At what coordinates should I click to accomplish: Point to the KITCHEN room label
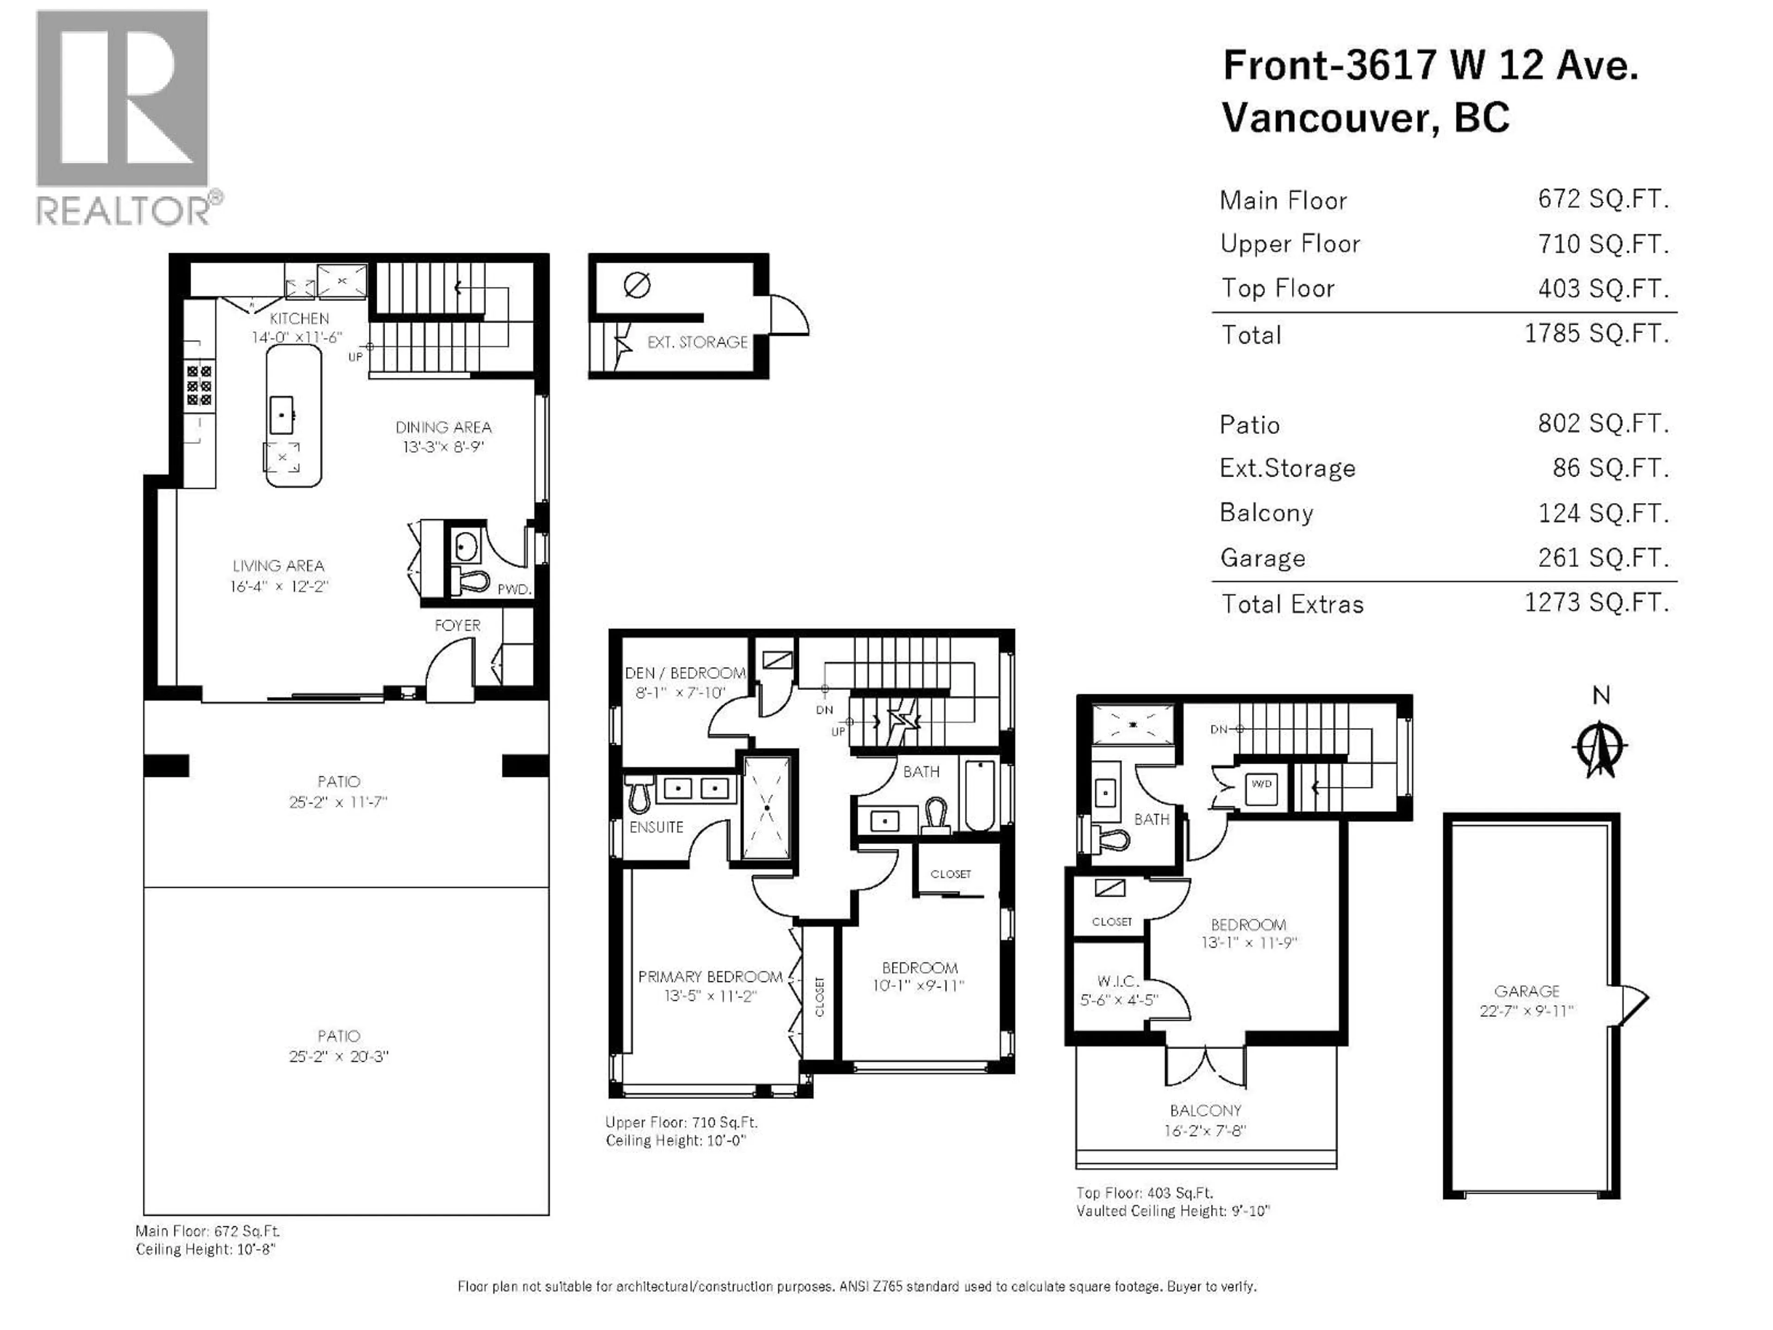(299, 318)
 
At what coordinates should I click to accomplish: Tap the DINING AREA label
(443, 427)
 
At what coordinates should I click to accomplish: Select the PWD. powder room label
(514, 589)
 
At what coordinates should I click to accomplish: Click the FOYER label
(457, 625)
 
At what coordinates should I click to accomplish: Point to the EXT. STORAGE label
(697, 342)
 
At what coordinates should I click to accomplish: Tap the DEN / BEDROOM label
(685, 673)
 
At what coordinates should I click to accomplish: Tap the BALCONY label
(1205, 1110)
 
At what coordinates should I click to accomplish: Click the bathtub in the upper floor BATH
(979, 796)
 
